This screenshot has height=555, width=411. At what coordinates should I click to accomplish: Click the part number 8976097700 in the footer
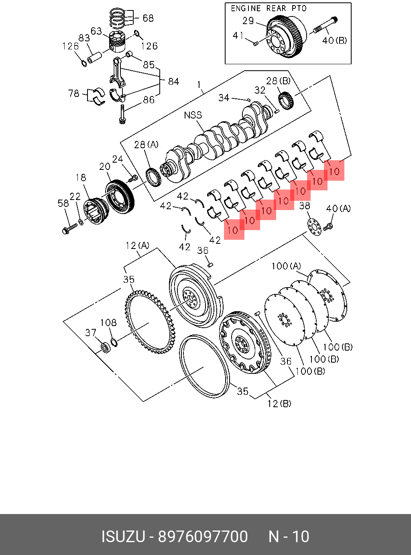pyautogui.click(x=203, y=537)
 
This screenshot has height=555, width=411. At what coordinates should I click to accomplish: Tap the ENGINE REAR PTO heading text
pyautogui.click(x=269, y=8)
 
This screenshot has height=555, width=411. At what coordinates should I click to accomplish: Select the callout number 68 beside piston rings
pyautogui.click(x=148, y=18)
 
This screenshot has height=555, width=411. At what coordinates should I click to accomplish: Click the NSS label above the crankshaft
pyautogui.click(x=193, y=115)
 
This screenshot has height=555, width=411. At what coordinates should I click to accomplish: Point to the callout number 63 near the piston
pyautogui.click(x=96, y=31)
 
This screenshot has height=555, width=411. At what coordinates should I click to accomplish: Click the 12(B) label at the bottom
pyautogui.click(x=279, y=403)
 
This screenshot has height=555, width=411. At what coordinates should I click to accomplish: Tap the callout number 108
pyautogui.click(x=108, y=322)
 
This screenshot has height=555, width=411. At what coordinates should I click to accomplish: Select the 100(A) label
pyautogui.click(x=286, y=266)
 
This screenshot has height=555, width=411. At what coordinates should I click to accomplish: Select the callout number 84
pyautogui.click(x=173, y=82)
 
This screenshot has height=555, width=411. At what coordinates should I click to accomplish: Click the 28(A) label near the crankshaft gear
pyautogui.click(x=146, y=145)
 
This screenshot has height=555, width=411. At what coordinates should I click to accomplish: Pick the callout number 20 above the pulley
pyautogui.click(x=105, y=167)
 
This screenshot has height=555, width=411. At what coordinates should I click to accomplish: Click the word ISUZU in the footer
pyautogui.click(x=123, y=537)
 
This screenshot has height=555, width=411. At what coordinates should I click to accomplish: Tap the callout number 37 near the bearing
pyautogui.click(x=91, y=333)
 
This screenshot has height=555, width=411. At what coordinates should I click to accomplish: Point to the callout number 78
pyautogui.click(x=74, y=94)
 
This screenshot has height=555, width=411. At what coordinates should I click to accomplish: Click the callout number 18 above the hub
pyautogui.click(x=81, y=177)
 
